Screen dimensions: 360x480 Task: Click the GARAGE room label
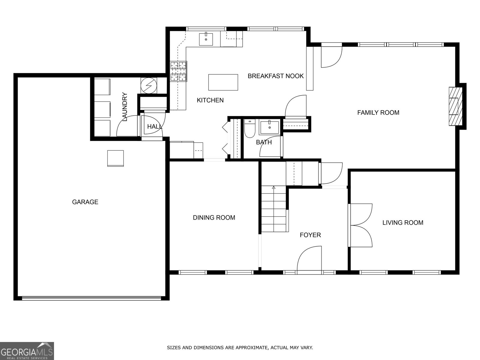[85, 202]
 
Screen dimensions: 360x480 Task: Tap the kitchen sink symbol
[206, 39]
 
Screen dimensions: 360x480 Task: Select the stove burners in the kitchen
[178, 71]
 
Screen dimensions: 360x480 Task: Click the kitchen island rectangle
[223, 82]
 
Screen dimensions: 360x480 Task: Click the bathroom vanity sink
[269, 127]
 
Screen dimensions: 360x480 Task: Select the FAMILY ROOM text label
[378, 112]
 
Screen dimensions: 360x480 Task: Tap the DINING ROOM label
[214, 217]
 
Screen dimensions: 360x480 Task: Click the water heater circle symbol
[149, 86]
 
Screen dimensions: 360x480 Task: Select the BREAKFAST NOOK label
[275, 76]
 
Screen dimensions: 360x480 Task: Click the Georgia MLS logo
[27, 351]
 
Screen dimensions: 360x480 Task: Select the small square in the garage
[115, 158]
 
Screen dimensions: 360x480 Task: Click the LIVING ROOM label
[403, 223]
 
